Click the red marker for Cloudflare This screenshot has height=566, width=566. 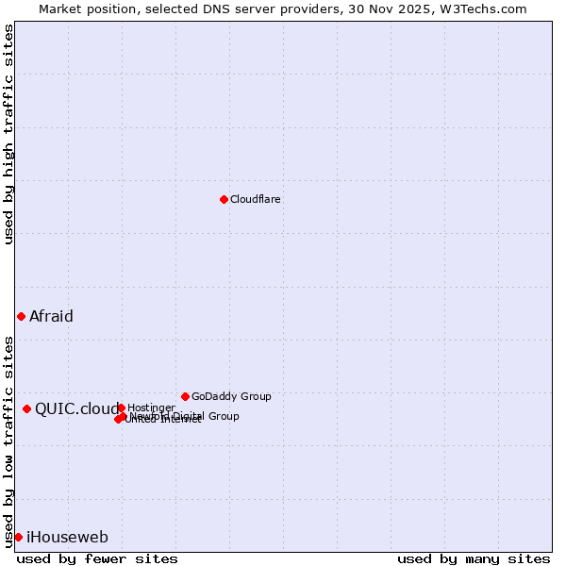tap(224, 199)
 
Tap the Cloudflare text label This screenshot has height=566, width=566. tap(256, 200)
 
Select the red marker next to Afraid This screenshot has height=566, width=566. tap(21, 316)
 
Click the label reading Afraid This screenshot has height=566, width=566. tap(51, 317)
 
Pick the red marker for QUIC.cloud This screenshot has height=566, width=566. tap(26, 408)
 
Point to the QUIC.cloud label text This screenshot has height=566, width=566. tap(76, 408)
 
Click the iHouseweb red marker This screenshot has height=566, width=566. tap(18, 537)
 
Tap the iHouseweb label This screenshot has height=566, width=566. tap(67, 538)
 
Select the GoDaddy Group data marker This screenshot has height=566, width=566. tap(185, 396)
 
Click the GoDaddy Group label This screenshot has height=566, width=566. tap(231, 397)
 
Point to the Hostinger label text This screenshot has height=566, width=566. tap(151, 408)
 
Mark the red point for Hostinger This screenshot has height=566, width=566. tap(121, 408)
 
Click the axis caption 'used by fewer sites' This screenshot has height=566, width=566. tap(97, 558)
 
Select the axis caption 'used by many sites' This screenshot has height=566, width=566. tap(474, 558)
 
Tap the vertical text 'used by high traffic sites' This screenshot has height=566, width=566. tap(8, 134)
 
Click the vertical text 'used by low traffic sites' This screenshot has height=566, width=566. tap(8, 441)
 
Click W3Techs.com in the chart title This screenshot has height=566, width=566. tap(486, 8)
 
